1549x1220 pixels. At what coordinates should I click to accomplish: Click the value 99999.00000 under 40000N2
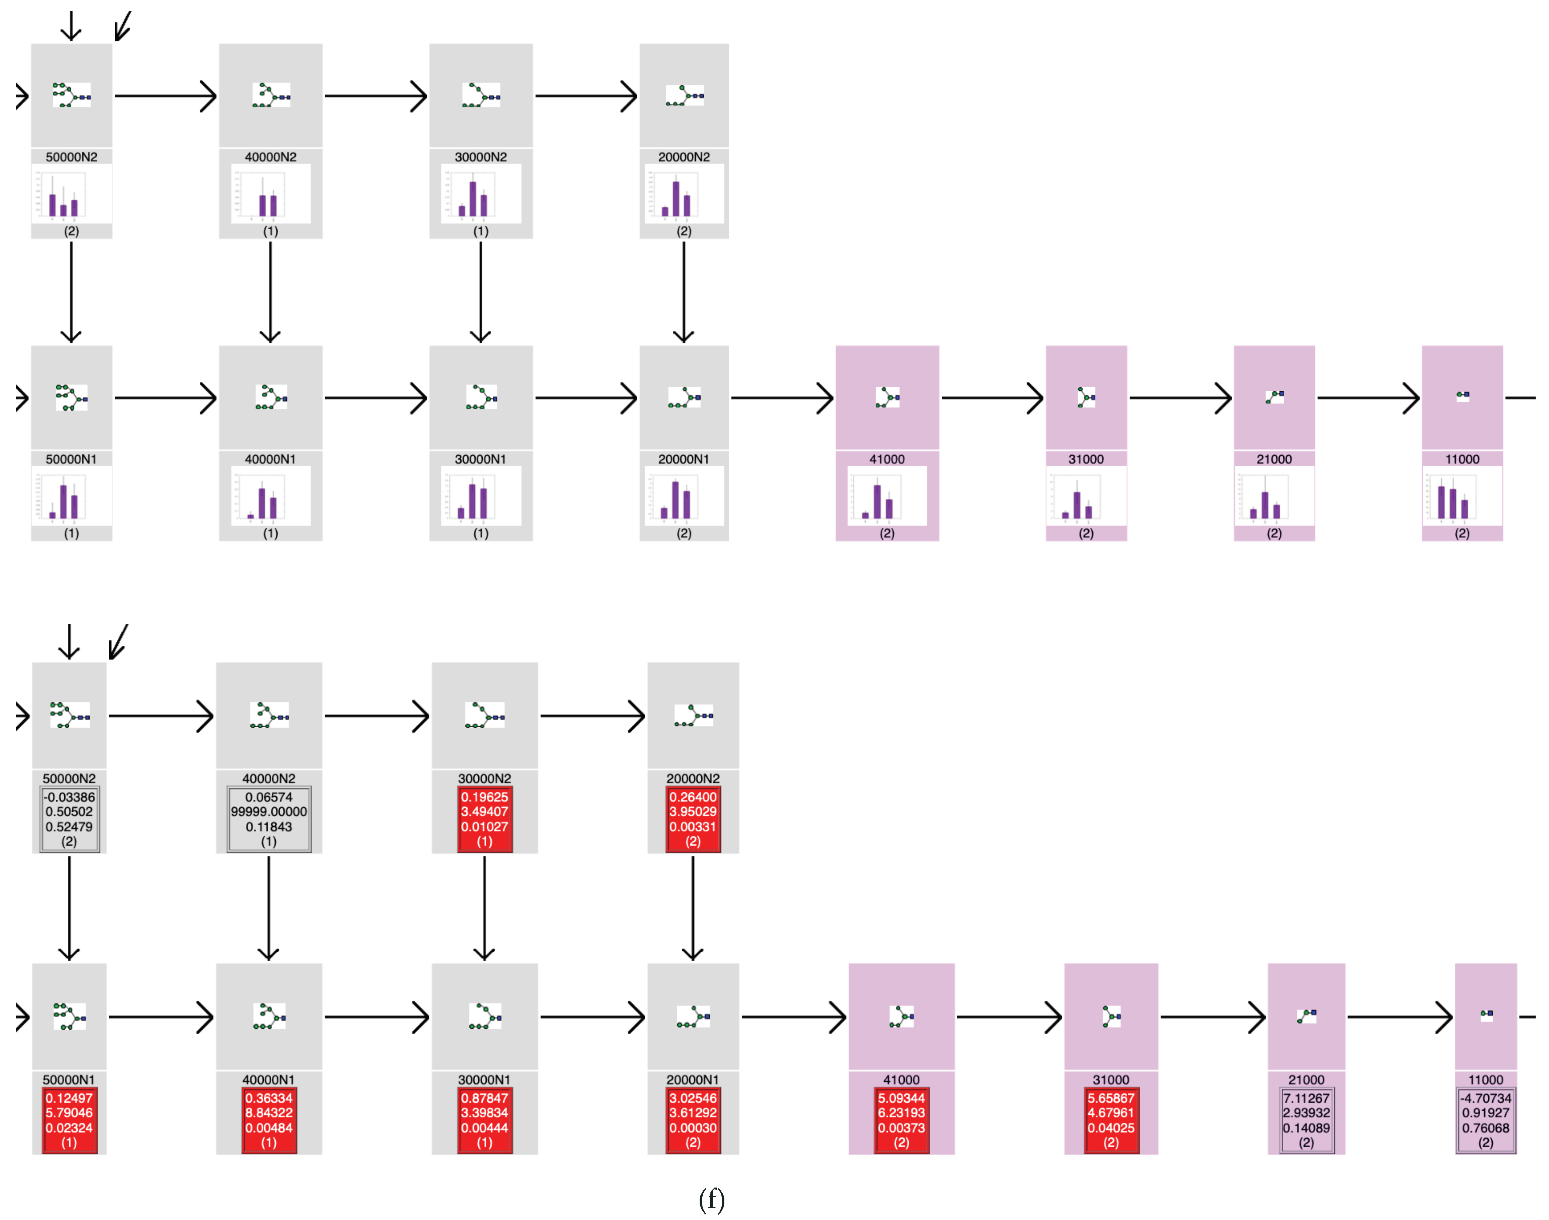click(x=269, y=811)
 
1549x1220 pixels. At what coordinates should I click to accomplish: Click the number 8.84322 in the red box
click(x=269, y=1112)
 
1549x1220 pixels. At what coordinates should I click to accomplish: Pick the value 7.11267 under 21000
click(x=1306, y=1098)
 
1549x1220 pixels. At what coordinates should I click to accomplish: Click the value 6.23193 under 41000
click(x=901, y=1112)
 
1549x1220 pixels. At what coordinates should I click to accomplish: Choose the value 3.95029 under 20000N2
click(x=693, y=811)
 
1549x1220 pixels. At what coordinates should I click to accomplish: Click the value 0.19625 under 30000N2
click(x=484, y=797)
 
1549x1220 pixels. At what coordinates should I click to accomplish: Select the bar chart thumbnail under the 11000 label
click(x=1462, y=496)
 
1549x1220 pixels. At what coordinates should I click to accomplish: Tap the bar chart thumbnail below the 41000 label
click(x=887, y=496)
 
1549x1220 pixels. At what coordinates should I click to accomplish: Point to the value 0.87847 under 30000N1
click(x=484, y=1098)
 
